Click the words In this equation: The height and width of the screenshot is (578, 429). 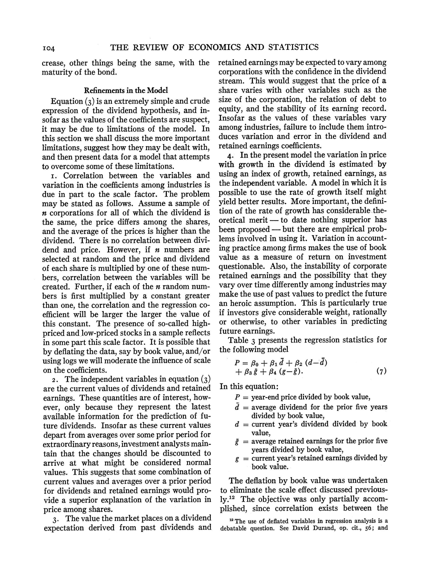coord(249,387)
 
